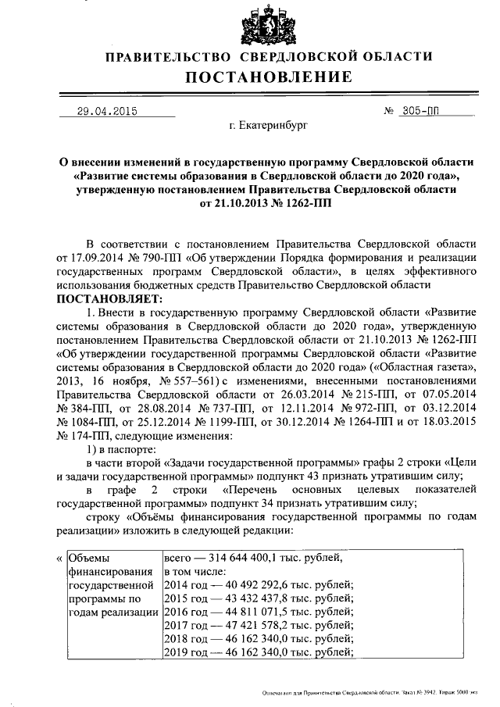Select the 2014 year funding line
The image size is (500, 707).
click(259, 587)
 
